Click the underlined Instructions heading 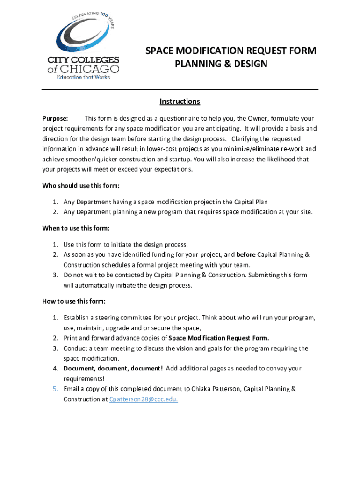pyautogui.click(x=180, y=102)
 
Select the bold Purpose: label pyautogui.click(x=55, y=118)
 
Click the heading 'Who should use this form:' pyautogui.click(x=81, y=186)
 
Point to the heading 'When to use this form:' pyautogui.click(x=76, y=228)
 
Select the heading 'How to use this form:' pyautogui.click(x=74, y=300)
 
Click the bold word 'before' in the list pyautogui.click(x=246, y=255)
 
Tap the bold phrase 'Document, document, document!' pyautogui.click(x=113, y=369)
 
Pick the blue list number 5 pyautogui.click(x=55, y=389)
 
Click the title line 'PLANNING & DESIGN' pyautogui.click(x=221, y=64)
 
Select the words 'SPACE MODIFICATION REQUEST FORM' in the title pyautogui.click(x=230, y=51)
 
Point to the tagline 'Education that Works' pyautogui.click(x=84, y=77)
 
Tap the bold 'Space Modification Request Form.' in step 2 pyautogui.click(x=219, y=338)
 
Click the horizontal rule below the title pyautogui.click(x=180, y=89)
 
